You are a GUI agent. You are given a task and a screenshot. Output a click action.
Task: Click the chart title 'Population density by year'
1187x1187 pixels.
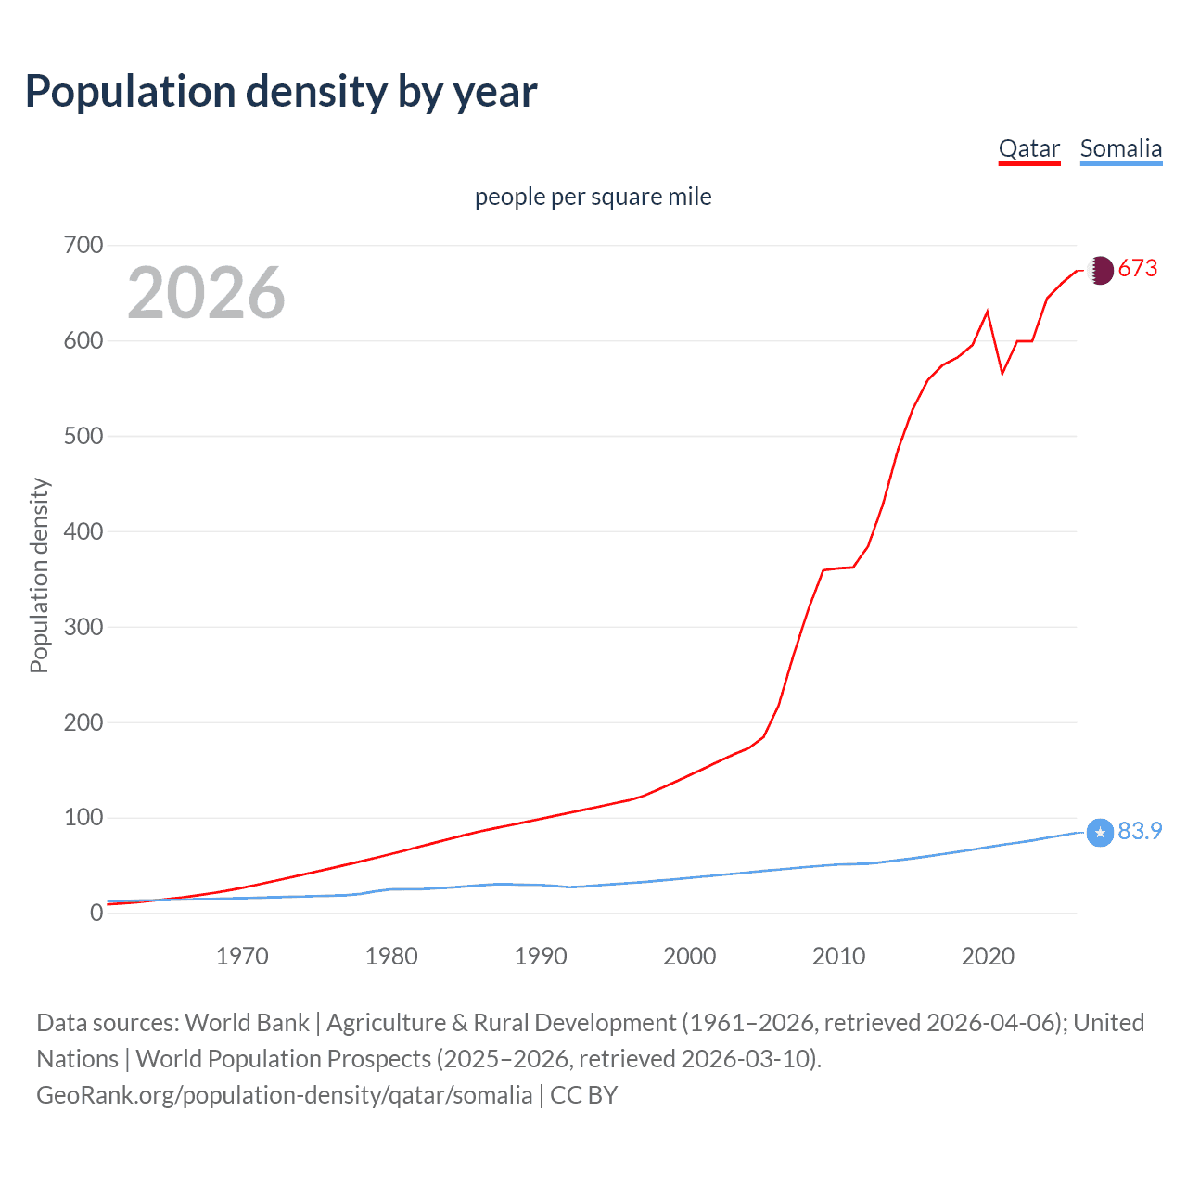click(281, 92)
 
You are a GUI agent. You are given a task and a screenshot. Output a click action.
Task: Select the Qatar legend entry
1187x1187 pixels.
click(1028, 148)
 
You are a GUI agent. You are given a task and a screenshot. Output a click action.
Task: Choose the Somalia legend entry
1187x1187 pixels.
click(1120, 148)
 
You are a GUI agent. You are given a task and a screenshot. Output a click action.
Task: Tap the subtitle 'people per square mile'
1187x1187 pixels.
click(593, 197)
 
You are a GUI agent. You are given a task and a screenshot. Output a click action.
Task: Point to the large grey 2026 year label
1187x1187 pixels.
click(206, 293)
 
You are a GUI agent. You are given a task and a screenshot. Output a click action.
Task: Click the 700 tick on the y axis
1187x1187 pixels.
click(83, 246)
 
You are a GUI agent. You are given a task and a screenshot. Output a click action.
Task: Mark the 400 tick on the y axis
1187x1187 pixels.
click(83, 531)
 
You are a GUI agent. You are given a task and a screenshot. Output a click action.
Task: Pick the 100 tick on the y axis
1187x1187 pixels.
click(83, 817)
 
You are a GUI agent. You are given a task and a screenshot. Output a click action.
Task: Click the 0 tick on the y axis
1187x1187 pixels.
click(96, 913)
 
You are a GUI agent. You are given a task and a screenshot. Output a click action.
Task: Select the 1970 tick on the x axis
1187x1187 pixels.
click(242, 956)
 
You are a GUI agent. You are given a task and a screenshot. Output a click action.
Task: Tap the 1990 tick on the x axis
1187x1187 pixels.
click(541, 956)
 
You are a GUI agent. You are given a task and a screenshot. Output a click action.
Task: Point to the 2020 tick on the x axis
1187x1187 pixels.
click(988, 956)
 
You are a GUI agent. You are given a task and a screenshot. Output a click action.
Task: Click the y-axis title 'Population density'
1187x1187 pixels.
click(39, 575)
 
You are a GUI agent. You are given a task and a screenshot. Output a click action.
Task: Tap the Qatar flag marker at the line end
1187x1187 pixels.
click(1100, 271)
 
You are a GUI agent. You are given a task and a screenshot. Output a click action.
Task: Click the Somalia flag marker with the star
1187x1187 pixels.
click(1100, 833)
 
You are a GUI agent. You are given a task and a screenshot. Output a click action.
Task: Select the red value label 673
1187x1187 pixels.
click(1138, 269)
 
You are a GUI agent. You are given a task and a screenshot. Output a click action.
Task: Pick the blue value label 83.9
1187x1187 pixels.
click(1140, 831)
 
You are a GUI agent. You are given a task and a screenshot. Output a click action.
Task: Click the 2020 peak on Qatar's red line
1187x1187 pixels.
click(988, 312)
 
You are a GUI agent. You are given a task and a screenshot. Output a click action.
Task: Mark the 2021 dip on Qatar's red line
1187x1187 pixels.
click(1002, 374)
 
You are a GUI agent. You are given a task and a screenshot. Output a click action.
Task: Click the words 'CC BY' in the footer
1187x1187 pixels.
click(583, 1095)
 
